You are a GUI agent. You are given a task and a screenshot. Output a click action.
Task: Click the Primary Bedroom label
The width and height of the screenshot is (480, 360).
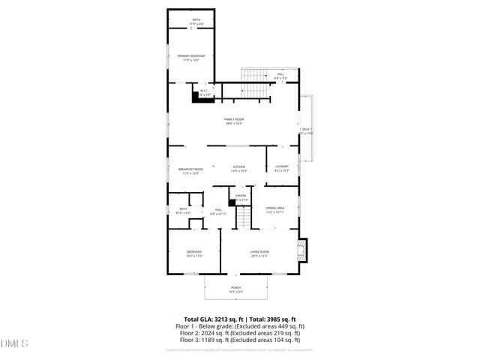(190, 56)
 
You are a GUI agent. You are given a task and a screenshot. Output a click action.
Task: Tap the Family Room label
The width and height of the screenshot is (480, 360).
(234, 119)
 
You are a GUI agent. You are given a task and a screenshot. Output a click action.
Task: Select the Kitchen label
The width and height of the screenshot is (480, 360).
(238, 166)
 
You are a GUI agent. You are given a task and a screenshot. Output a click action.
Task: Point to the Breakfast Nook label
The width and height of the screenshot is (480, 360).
(190, 169)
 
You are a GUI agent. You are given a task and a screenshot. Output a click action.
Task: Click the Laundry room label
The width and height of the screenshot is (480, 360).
(281, 166)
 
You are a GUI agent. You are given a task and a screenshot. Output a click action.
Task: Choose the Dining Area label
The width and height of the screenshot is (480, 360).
(274, 208)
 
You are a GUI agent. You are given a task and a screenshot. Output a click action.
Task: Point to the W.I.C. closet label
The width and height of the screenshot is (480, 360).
(204, 91)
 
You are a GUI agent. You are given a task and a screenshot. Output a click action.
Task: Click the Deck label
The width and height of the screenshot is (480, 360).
(305, 130)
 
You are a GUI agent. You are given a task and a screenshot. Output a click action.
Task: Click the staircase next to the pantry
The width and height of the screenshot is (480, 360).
(245, 217)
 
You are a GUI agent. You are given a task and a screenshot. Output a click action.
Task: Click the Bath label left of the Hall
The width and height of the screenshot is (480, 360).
(182, 209)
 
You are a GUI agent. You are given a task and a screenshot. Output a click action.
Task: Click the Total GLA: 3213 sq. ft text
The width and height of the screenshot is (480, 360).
(212, 319)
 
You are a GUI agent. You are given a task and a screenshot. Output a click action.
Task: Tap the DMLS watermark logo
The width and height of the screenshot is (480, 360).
(14, 343)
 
